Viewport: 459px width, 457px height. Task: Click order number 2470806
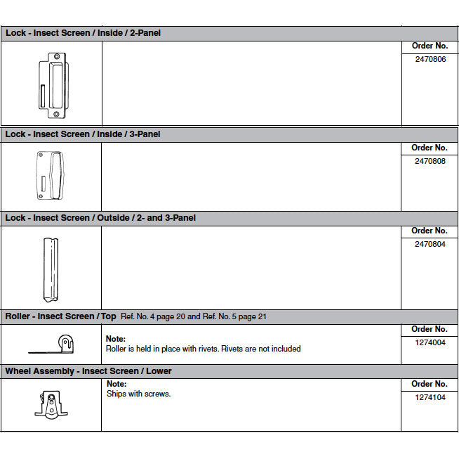[x=430, y=60]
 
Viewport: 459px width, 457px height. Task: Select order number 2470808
[x=430, y=161]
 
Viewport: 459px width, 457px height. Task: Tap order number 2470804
[x=430, y=245]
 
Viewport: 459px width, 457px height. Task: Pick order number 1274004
[x=430, y=342]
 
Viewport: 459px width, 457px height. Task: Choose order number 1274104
[x=430, y=397]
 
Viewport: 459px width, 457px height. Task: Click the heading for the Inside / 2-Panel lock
[x=83, y=33]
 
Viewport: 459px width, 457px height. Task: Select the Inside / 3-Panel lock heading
[x=83, y=134]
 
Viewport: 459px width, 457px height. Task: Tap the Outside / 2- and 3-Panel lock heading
[x=100, y=218]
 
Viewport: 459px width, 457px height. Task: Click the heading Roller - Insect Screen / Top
[x=60, y=316]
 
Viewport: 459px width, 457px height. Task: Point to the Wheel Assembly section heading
[x=88, y=371]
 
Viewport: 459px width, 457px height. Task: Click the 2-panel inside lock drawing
[x=51, y=84]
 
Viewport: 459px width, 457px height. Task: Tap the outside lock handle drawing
[x=51, y=269]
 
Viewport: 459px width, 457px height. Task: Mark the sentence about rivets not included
[x=203, y=349]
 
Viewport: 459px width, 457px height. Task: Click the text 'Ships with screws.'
[x=139, y=394]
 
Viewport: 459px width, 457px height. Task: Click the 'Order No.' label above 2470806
[x=430, y=46]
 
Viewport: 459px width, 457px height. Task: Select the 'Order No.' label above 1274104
[x=430, y=384]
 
